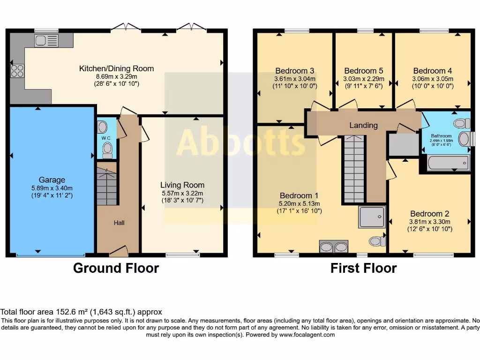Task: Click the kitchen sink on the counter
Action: pyautogui.click(x=46, y=40)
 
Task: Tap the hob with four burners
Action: pyautogui.click(x=17, y=71)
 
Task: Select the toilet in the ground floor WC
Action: pyautogui.click(x=107, y=149)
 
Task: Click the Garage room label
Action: pyautogui.click(x=52, y=180)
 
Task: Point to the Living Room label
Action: pyautogui.click(x=182, y=185)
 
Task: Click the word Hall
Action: pyautogui.click(x=119, y=223)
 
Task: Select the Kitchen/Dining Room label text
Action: pyautogui.click(x=116, y=68)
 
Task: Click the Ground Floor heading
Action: pyautogui.click(x=116, y=268)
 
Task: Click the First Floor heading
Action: pyautogui.click(x=363, y=268)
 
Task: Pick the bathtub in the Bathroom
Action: pyautogui.click(x=447, y=163)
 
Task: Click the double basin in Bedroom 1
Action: pyautogui.click(x=333, y=247)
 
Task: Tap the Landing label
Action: pyautogui.click(x=363, y=125)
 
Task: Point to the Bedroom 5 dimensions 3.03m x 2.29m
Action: pyautogui.click(x=364, y=79)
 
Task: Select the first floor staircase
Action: pyautogui.click(x=354, y=169)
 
